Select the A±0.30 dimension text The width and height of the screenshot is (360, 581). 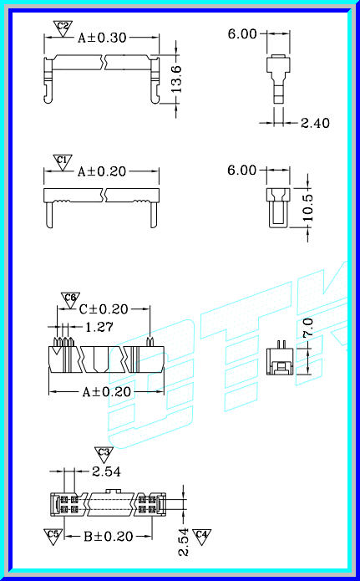[x=102, y=38]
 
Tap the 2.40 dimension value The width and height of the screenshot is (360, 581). [x=316, y=123]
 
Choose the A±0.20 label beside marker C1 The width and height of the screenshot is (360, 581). [x=102, y=171]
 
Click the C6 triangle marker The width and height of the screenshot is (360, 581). [x=70, y=298]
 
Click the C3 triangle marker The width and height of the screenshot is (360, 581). [x=104, y=454]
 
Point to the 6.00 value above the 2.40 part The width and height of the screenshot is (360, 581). [x=242, y=34]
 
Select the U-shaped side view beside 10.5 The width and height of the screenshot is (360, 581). [x=276, y=207]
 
